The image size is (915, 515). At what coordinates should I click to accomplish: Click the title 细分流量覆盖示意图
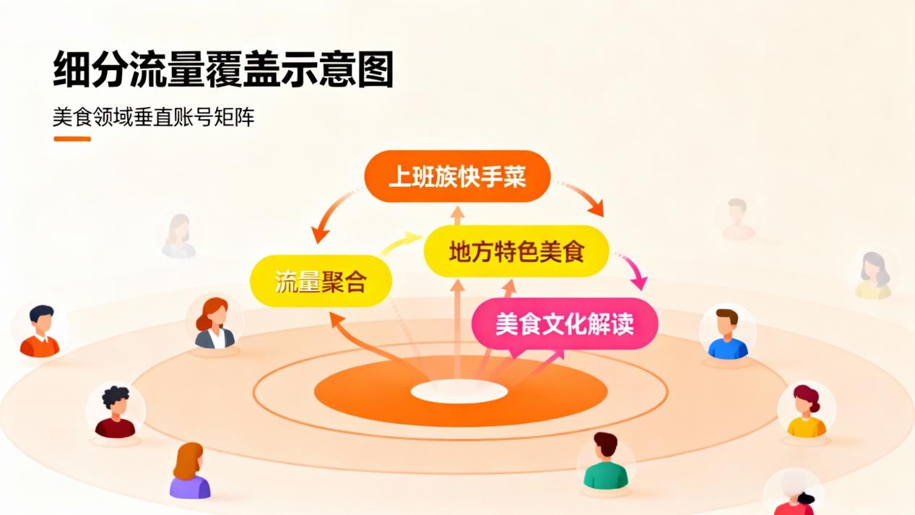(x=223, y=70)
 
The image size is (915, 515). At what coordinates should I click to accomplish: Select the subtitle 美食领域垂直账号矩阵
(x=153, y=117)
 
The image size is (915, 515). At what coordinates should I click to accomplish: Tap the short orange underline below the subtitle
(x=72, y=139)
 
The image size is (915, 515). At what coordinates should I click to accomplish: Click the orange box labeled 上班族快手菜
(x=457, y=176)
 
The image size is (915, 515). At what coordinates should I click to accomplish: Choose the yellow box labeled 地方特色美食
(x=516, y=251)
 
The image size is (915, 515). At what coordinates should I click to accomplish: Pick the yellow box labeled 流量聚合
(x=321, y=281)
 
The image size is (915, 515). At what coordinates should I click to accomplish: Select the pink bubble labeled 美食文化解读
(x=564, y=323)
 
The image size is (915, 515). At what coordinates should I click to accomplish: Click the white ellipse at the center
(x=459, y=391)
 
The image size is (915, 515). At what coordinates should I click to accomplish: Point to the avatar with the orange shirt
(x=40, y=332)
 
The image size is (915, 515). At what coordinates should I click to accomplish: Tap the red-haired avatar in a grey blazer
(x=214, y=324)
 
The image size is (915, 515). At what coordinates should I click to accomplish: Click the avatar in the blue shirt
(x=727, y=334)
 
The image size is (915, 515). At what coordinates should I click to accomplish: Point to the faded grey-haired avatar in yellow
(x=873, y=276)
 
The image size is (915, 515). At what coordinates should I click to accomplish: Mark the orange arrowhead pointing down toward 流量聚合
(x=319, y=234)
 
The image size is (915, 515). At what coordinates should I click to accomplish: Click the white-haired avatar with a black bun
(x=794, y=494)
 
